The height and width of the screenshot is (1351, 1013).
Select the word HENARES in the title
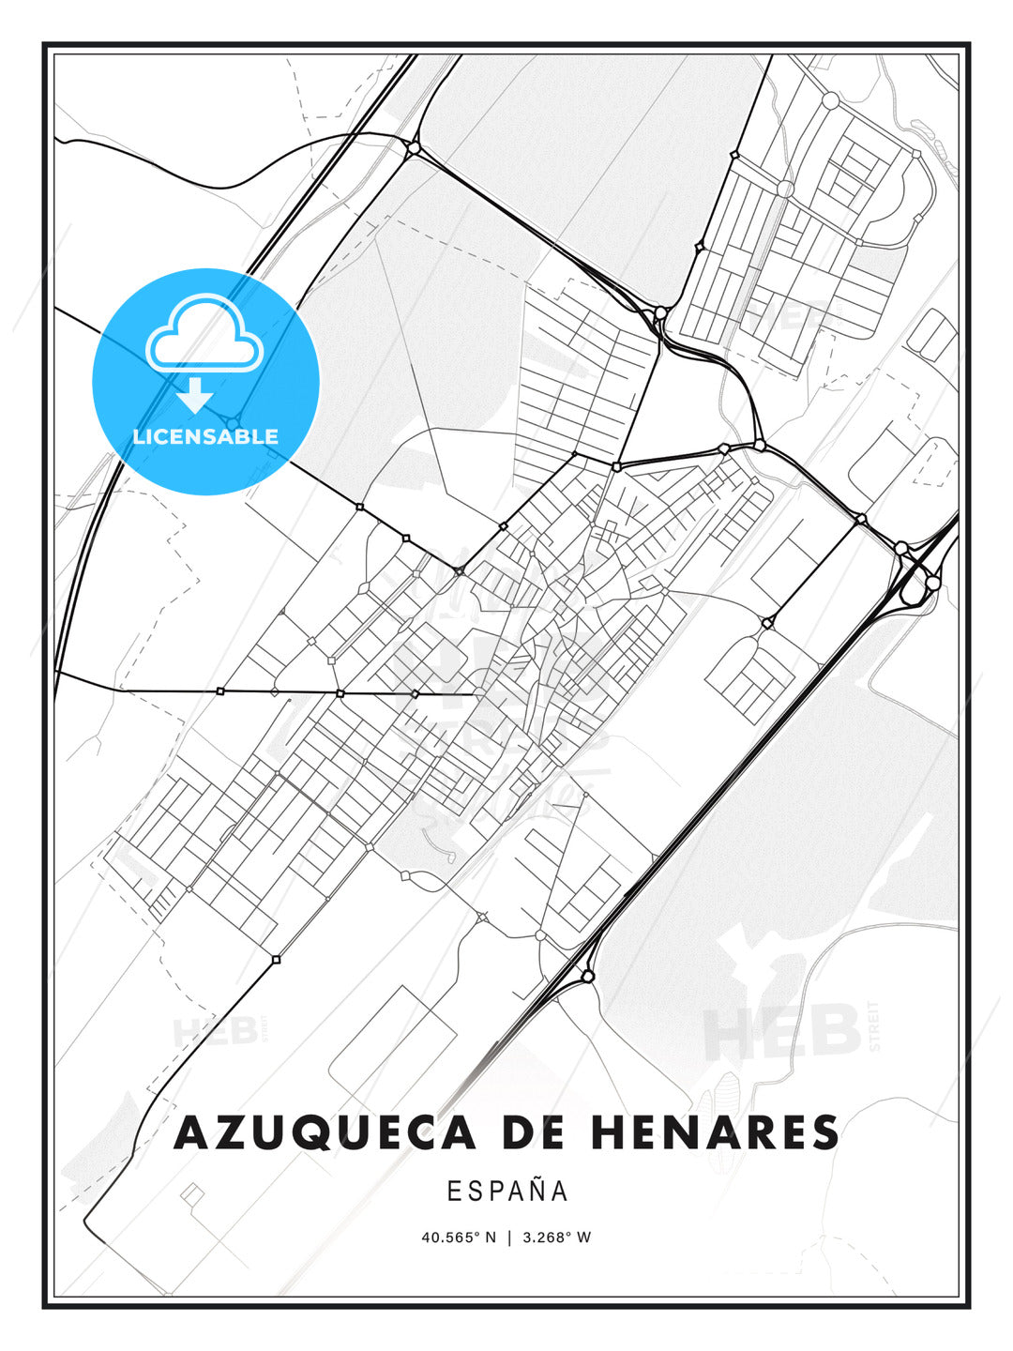[715, 1132]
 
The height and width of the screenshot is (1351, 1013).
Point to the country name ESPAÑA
[507, 1191]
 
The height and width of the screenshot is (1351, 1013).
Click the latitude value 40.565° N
[459, 1237]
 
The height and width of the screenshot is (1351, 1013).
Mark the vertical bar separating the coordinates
[509, 1237]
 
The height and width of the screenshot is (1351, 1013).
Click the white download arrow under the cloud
[195, 395]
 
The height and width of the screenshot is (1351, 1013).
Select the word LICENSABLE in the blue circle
[205, 436]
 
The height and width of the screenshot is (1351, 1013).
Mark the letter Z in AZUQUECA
[229, 1132]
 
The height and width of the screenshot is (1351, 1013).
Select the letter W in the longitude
[583, 1237]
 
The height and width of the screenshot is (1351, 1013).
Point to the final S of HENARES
[825, 1132]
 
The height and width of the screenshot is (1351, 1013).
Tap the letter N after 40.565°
[490, 1237]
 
